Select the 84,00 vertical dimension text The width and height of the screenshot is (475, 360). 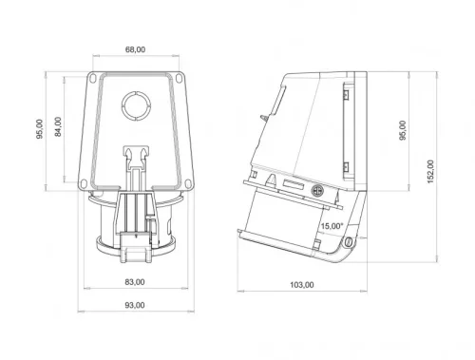[58, 126]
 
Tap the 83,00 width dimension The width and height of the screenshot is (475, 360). [135, 282]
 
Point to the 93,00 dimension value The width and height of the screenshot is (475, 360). [135, 305]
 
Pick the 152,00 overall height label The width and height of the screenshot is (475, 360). [430, 169]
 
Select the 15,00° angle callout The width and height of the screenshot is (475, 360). [332, 226]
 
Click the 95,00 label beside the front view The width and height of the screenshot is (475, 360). [39, 126]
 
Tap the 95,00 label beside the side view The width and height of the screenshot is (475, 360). [403, 130]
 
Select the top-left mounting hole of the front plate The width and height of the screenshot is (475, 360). [95, 80]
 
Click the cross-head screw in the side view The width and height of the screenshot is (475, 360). [318, 190]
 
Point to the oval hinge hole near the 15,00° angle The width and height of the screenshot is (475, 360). [348, 242]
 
